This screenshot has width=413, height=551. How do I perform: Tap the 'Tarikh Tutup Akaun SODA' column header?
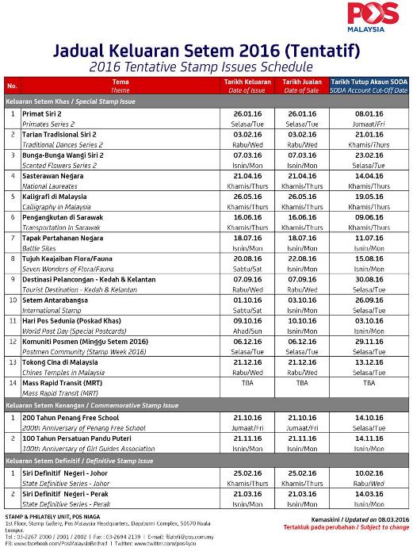(369, 82)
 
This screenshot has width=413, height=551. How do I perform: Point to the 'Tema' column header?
(120, 82)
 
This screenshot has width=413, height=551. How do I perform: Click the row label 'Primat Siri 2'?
(43, 114)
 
